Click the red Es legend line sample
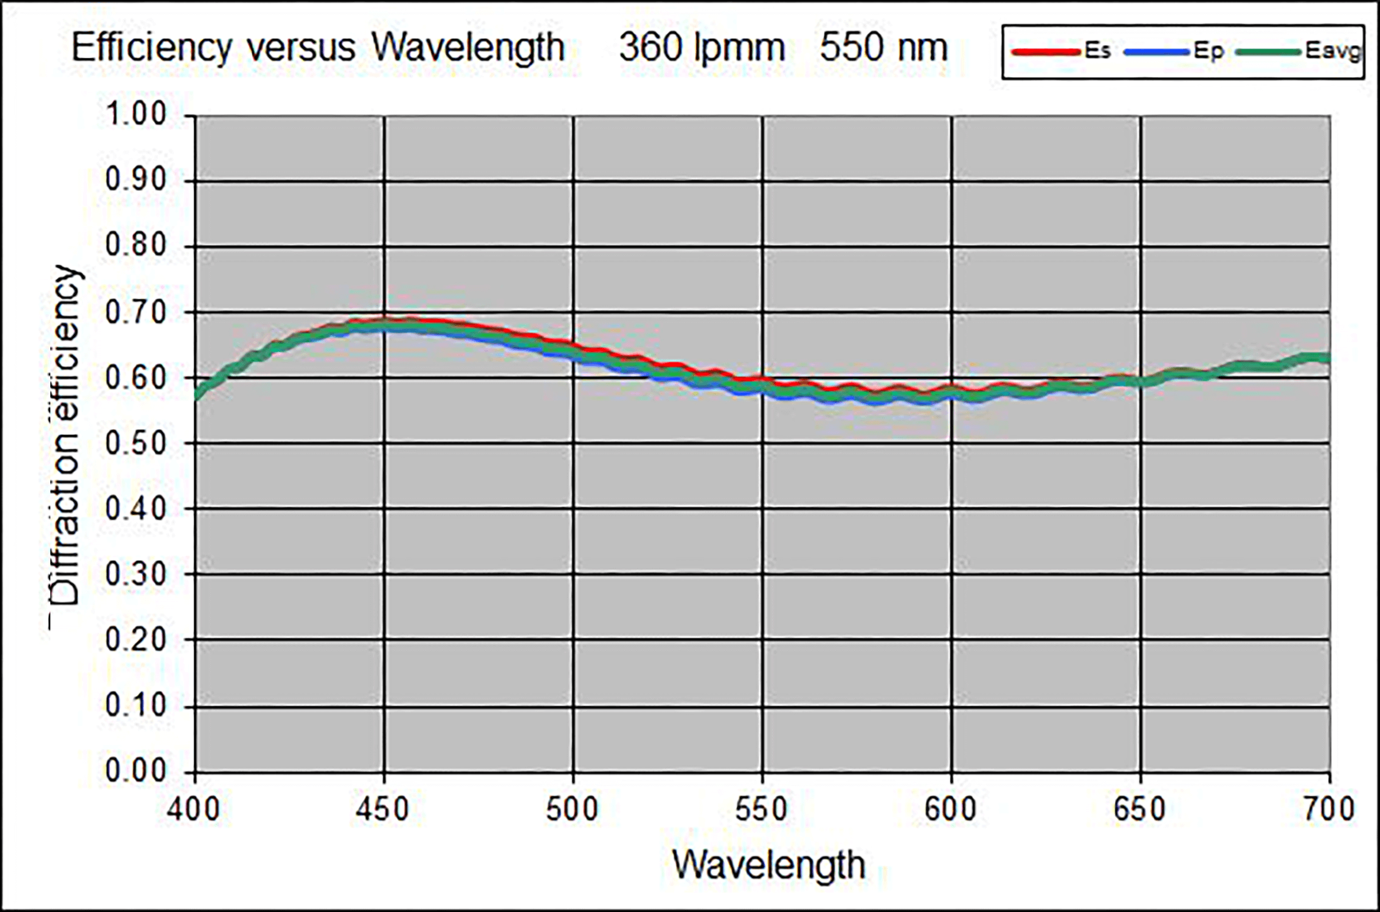1046,52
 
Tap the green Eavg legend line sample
1268,52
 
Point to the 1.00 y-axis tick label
136,114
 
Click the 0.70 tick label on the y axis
136,312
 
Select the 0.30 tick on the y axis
136,574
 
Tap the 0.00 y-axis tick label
136,771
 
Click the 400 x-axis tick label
193,809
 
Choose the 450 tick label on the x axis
383,809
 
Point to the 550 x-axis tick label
762,809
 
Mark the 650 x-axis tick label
1140,809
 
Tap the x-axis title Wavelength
769,865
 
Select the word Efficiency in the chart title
152,47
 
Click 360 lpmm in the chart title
702,47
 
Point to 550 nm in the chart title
884,47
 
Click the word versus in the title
302,47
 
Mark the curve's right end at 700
1329,358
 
